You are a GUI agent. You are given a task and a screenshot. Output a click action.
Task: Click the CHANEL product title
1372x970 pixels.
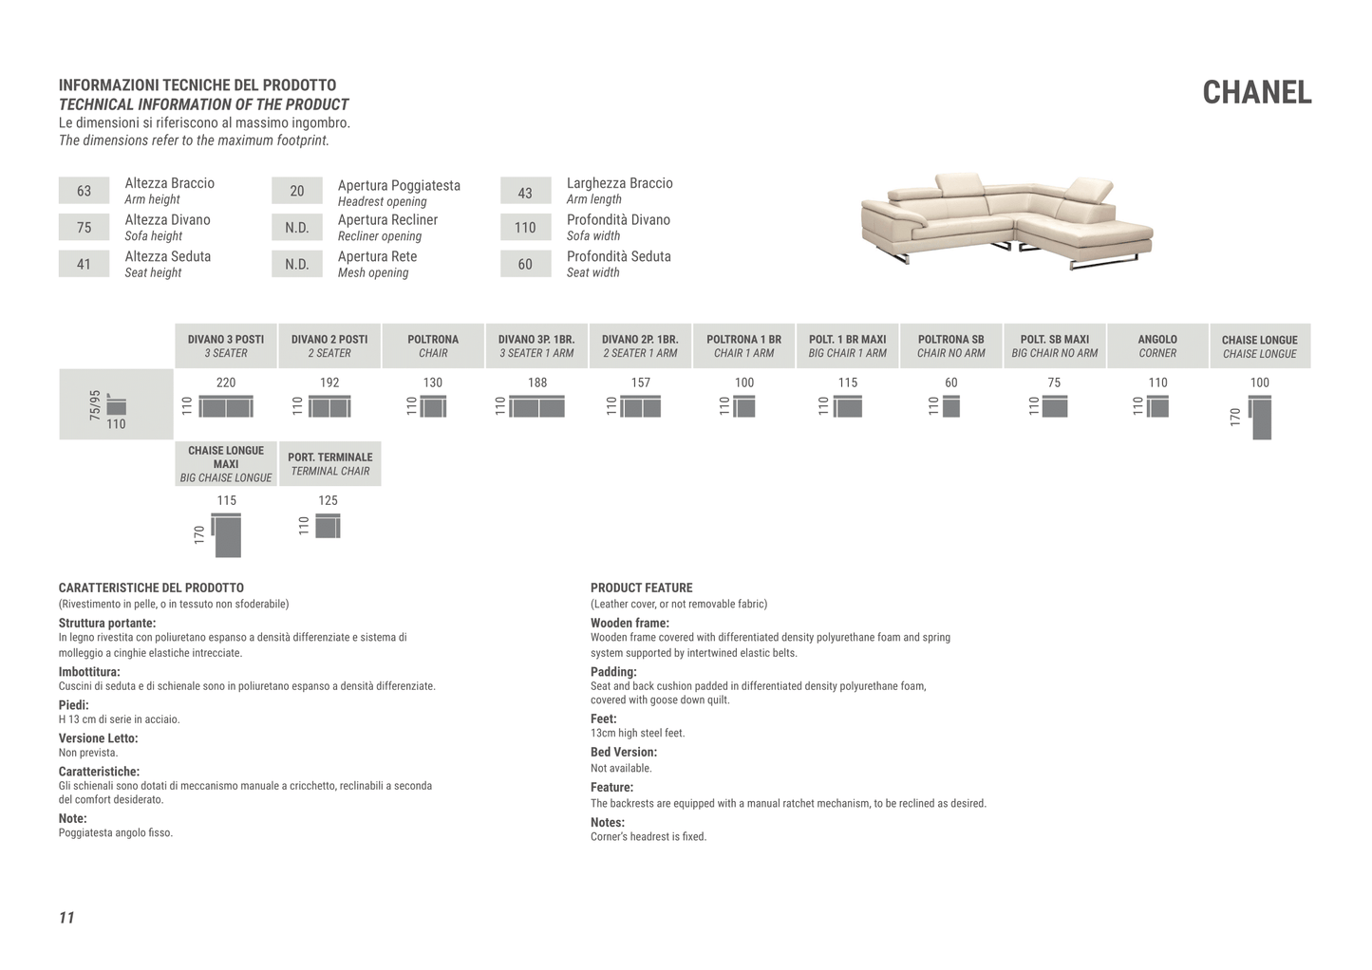(x=1256, y=92)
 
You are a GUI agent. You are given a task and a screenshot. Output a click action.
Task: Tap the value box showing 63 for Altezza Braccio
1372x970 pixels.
(x=84, y=191)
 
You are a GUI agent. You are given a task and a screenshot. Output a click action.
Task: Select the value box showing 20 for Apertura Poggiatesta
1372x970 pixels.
(x=296, y=191)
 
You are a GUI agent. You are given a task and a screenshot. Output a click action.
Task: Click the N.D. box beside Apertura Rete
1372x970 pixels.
(x=296, y=264)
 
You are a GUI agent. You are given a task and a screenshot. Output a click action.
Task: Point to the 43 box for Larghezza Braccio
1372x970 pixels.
(x=525, y=193)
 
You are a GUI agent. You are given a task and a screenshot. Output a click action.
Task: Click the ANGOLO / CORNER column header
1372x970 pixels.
(x=1156, y=345)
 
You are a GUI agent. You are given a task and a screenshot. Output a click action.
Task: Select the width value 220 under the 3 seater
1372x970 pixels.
(x=226, y=382)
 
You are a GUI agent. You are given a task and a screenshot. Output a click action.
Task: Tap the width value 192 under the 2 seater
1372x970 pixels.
(x=329, y=382)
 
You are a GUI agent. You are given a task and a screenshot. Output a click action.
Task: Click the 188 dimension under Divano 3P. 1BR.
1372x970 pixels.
(x=537, y=382)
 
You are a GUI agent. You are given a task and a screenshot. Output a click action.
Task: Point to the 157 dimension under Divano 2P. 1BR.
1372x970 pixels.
(x=641, y=382)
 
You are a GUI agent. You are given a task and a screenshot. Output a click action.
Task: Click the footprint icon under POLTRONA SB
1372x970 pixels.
(x=950, y=407)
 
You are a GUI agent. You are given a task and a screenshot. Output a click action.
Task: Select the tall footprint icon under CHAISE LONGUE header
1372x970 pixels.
(x=1261, y=419)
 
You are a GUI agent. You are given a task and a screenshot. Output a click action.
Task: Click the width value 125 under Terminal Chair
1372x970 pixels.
(x=328, y=500)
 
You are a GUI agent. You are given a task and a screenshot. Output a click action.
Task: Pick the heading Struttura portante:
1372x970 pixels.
(x=107, y=623)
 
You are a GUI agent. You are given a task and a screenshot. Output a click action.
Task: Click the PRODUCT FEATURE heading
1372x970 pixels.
(x=641, y=588)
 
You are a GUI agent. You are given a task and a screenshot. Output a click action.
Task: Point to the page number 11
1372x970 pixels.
(x=66, y=917)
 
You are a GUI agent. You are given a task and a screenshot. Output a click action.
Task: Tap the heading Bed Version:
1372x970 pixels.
(x=623, y=752)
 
